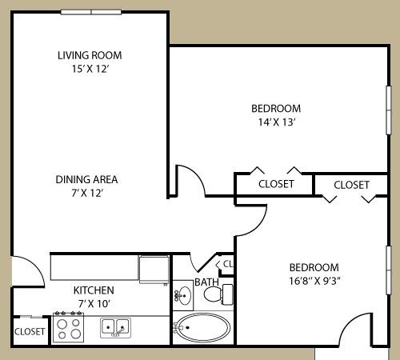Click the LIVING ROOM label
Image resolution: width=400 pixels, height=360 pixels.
click(x=89, y=55)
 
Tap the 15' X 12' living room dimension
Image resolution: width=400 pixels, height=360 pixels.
click(x=89, y=70)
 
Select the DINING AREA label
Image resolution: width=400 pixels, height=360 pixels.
click(x=86, y=179)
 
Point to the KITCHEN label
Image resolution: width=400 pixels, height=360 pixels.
click(x=94, y=290)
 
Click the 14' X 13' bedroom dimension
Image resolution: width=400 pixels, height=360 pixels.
click(x=276, y=122)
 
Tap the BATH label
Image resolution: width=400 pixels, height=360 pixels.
click(x=206, y=282)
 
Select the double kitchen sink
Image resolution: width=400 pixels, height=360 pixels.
click(x=116, y=326)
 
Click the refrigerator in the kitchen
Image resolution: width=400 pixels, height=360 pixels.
click(x=153, y=268)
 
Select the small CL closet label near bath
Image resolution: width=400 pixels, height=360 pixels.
click(x=227, y=263)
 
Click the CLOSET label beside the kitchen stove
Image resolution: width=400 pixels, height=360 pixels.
click(x=30, y=330)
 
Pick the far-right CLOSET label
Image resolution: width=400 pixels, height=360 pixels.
click(x=351, y=185)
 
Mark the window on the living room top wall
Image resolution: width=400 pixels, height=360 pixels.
click(x=91, y=12)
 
